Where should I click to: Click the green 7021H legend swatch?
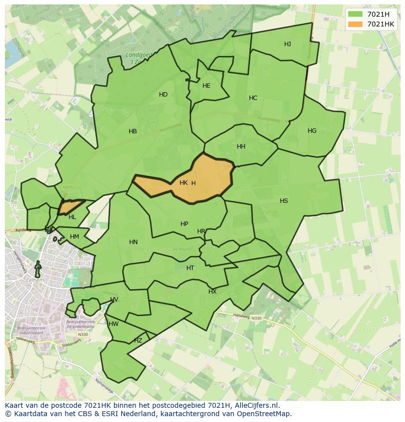coord(356,14)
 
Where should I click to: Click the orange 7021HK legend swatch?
coord(356,24)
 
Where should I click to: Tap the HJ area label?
coord(288,44)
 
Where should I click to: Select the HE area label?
coord(206,86)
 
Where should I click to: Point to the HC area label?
coord(253,98)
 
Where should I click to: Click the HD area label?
coord(163,95)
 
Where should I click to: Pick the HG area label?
coord(312,131)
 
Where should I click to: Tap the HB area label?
coord(133,131)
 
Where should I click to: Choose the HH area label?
coord(241,147)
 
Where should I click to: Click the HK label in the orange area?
coord(183,183)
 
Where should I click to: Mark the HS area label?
coord(284,201)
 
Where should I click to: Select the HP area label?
coord(184,224)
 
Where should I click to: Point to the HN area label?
coord(134,242)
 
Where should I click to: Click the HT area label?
coord(190,268)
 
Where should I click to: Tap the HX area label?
coord(212,292)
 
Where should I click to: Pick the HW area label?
coord(113,324)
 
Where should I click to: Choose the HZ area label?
coord(138,341)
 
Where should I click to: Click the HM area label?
coord(74,237)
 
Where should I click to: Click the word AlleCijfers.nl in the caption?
coord(255,405)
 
